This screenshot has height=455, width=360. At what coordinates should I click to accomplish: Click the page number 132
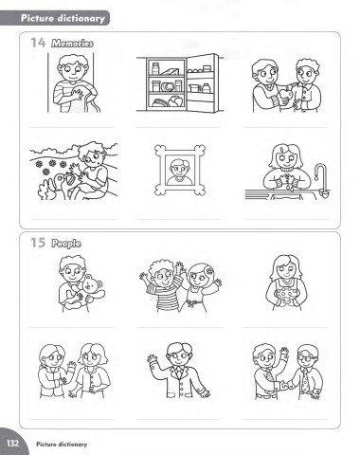[x=12, y=443]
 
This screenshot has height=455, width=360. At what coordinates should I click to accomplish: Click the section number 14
[x=38, y=43]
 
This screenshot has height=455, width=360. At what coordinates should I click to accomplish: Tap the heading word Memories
[x=72, y=43]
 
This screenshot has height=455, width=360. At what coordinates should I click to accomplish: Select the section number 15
[x=38, y=243]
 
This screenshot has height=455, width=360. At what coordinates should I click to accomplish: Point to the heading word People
[x=66, y=244]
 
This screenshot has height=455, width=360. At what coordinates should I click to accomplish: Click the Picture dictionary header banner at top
[x=55, y=18]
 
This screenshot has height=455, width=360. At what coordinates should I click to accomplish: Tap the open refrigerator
[x=180, y=83]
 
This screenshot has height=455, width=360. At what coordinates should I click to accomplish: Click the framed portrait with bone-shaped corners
[x=180, y=170]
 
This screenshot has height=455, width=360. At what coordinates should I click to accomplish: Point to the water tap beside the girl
[x=321, y=178]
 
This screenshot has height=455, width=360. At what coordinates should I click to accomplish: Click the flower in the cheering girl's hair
[x=208, y=271]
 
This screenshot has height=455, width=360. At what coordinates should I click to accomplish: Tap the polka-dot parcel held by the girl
[x=287, y=297]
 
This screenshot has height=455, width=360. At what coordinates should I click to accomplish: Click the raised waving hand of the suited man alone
[x=153, y=359]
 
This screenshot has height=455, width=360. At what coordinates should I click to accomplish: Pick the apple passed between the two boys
[x=290, y=94]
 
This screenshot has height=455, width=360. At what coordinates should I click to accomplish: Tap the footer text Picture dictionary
[x=62, y=445]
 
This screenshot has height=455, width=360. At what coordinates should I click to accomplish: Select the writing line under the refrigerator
[x=179, y=128]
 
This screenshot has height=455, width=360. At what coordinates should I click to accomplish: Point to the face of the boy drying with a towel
[x=73, y=72]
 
